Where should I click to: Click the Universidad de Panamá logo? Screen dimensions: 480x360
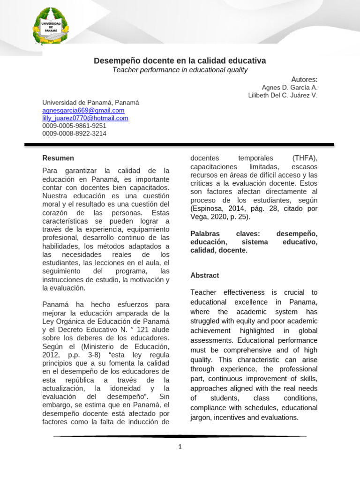tap(50, 26)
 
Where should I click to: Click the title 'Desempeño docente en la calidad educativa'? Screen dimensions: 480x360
tap(180, 61)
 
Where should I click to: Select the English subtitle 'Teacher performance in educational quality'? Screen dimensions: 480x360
tap(180, 70)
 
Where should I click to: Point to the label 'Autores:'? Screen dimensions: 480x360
tap(304, 79)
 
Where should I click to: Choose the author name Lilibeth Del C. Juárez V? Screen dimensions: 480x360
tap(283, 95)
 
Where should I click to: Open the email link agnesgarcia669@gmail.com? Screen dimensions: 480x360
tap(83, 110)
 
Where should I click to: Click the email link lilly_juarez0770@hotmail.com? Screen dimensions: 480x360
tap(85, 118)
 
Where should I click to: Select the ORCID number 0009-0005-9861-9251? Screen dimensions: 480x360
tap(74, 126)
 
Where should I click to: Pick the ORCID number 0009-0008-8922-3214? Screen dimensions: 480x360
tap(74, 133)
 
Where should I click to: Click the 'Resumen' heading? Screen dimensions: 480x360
tap(58, 158)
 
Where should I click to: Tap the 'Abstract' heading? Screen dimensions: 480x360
tap(205, 275)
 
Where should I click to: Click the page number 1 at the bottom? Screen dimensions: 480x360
tap(180, 447)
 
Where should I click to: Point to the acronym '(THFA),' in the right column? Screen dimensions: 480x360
tap(305, 158)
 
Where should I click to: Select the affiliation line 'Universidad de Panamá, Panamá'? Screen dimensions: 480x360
tap(90, 103)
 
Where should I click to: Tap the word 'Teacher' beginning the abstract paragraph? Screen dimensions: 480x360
tap(204, 292)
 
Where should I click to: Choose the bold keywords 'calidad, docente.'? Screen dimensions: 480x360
tap(219, 250)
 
